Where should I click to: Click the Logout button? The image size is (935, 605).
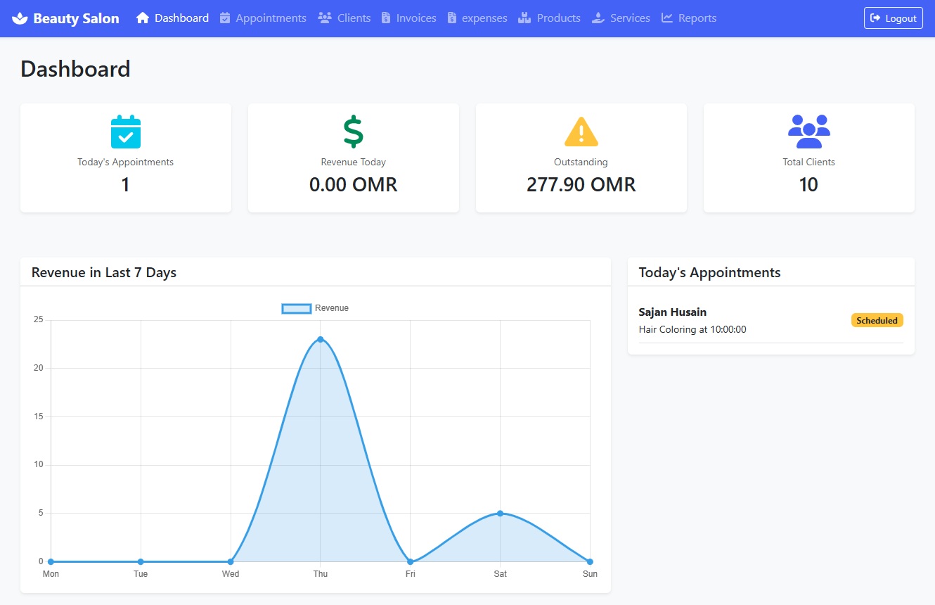pos(893,18)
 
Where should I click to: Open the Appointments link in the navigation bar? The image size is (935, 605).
pos(263,18)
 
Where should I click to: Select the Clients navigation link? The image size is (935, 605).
pos(344,18)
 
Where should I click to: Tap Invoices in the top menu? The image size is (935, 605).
pos(408,18)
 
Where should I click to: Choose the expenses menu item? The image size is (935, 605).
pos(477,18)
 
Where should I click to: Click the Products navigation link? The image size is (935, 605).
pos(550,18)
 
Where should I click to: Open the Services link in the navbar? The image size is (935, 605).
pos(621,18)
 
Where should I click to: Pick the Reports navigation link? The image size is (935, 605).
pos(689,18)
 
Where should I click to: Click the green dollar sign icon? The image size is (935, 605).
pos(353,132)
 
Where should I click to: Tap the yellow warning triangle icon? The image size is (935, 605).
pos(581,132)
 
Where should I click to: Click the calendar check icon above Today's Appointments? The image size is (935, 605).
pos(126,132)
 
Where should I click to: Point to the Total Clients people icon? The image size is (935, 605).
pos(808,132)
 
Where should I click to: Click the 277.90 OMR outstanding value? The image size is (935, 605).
pos(581,185)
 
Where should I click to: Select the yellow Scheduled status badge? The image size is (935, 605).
pos(877,321)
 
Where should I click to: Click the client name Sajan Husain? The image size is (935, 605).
pos(672,312)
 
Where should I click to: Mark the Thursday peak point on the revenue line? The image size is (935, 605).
pos(321,339)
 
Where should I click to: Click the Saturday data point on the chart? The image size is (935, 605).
pos(500,513)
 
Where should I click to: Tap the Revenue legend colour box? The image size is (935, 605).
pos(296,308)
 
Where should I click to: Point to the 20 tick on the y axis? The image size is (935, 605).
pos(39,368)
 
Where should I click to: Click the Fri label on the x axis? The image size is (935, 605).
pos(411,574)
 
